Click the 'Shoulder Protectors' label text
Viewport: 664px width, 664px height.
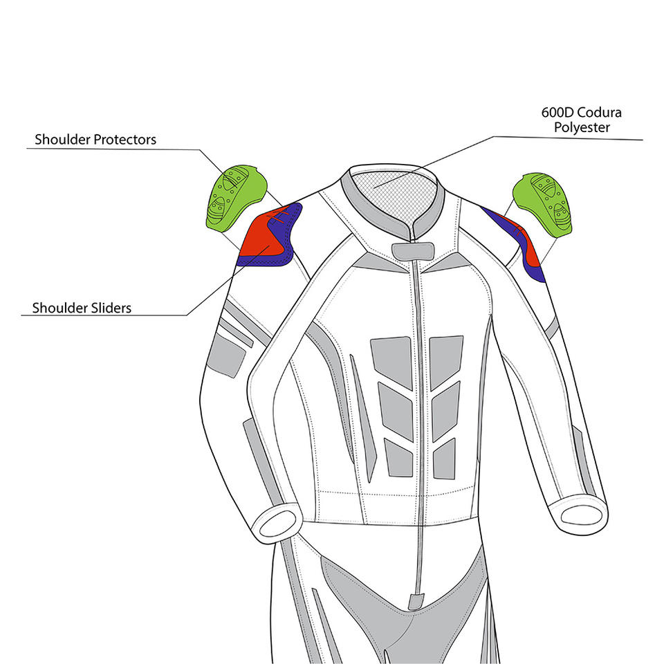point(95,140)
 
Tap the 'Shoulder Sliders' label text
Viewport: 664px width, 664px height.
point(82,307)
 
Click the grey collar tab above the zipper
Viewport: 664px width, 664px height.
point(410,250)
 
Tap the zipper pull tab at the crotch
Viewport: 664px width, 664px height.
point(416,600)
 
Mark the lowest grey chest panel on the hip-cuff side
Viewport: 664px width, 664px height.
point(400,459)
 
